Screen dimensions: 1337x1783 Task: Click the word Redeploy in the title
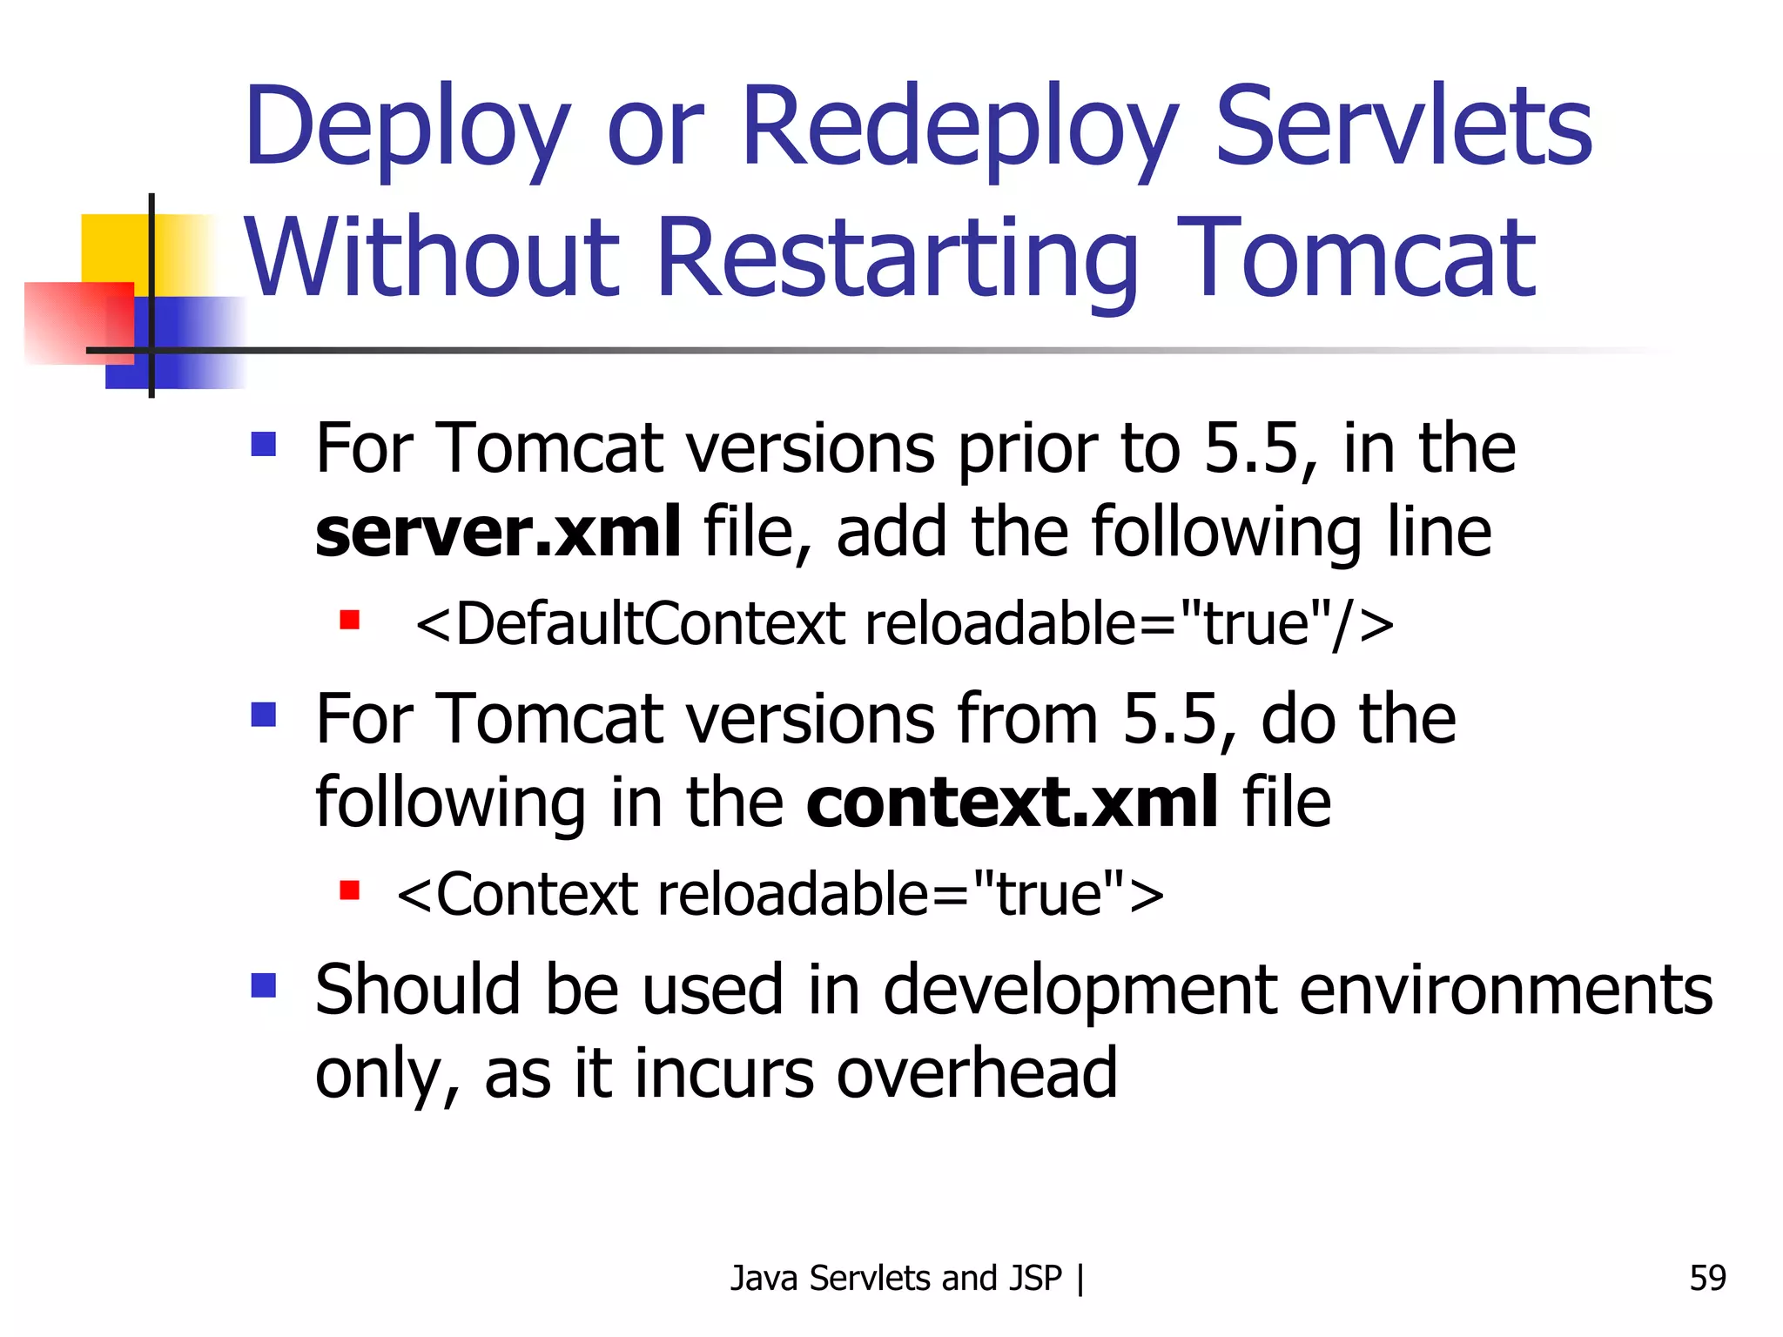(x=958, y=128)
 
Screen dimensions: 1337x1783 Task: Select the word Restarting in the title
(x=897, y=259)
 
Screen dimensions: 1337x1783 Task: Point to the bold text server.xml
(x=497, y=532)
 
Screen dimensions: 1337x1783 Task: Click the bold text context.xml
(x=1013, y=803)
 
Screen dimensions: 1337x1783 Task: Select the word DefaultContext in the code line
(x=651, y=624)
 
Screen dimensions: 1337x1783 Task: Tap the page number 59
(x=1707, y=1278)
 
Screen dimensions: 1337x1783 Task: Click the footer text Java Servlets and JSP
(x=896, y=1278)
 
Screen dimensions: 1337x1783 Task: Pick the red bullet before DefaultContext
(x=350, y=620)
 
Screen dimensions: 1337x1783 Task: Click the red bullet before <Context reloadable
(x=350, y=890)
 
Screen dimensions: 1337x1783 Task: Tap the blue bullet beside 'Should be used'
(x=263, y=985)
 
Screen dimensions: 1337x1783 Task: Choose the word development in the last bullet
(x=1080, y=991)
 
